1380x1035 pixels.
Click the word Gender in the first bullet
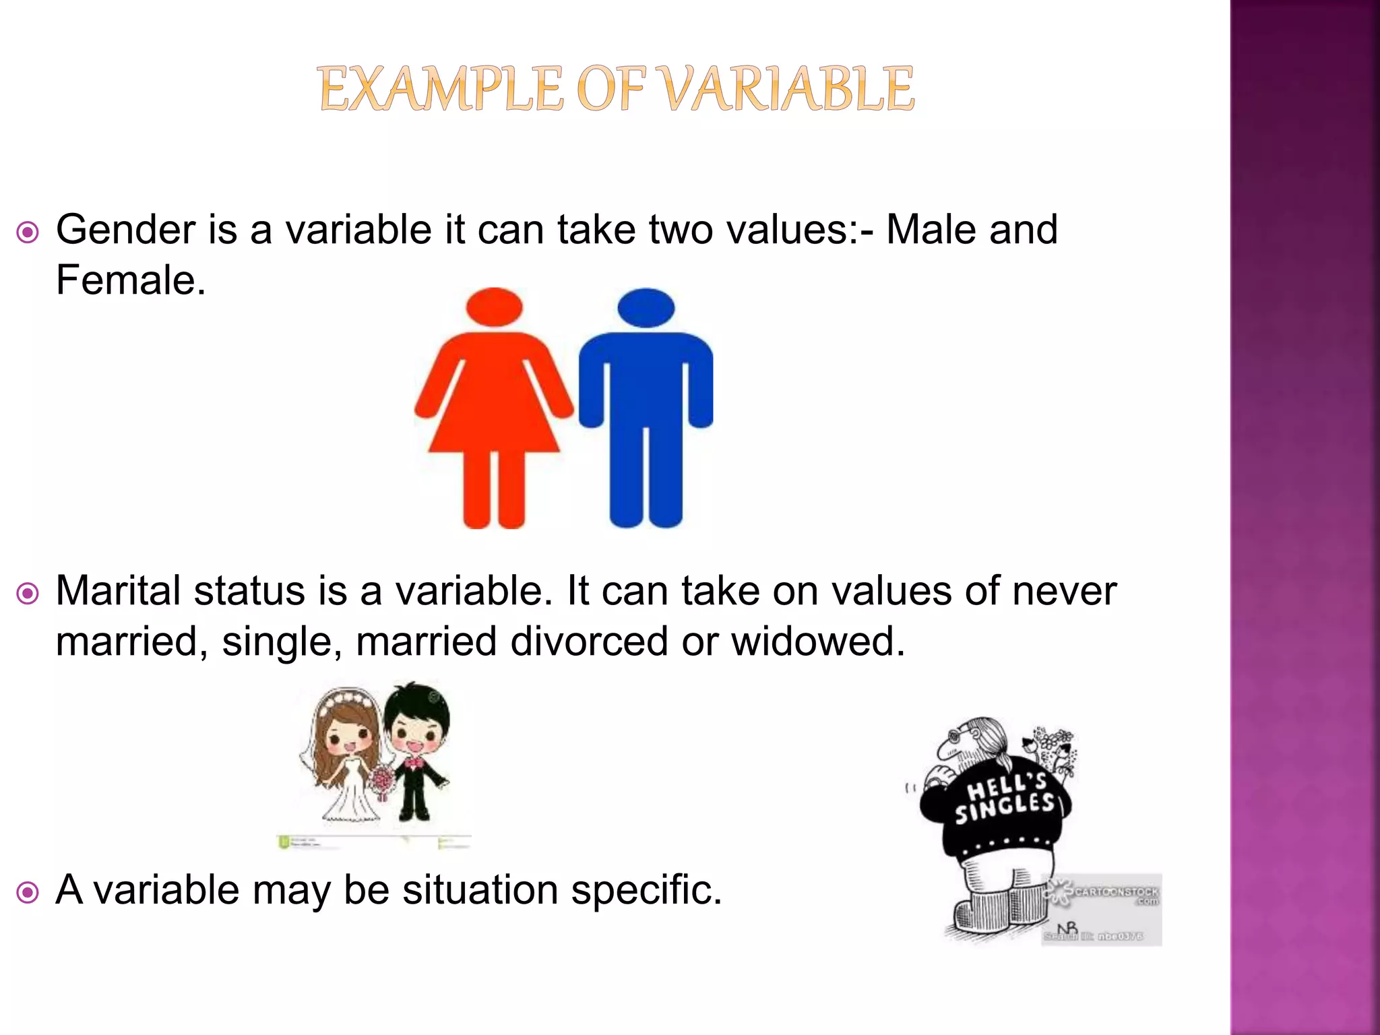pyautogui.click(x=125, y=230)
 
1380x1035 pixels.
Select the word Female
pyautogui.click(x=130, y=280)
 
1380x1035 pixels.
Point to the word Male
pyautogui.click(x=929, y=230)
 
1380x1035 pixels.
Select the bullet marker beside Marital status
pyautogui.click(x=28, y=594)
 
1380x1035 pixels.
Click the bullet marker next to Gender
pyautogui.click(x=28, y=233)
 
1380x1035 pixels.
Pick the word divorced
pyautogui.click(x=590, y=641)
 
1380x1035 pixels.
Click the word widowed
pyautogui.click(x=818, y=641)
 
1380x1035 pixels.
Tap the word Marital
pyautogui.click(x=119, y=591)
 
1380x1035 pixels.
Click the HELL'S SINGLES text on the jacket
pyautogui.click(x=1004, y=799)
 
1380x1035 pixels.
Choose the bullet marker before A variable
pyautogui.click(x=28, y=893)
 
